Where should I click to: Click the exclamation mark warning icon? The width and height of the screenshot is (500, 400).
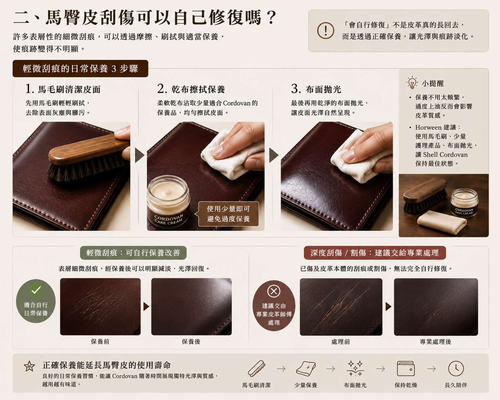pos(326,30)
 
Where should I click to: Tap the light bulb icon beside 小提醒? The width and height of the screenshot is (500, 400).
pos(412,83)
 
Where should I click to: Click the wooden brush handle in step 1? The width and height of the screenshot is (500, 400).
pos(88,148)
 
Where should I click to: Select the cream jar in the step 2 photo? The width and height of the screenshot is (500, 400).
pos(169,201)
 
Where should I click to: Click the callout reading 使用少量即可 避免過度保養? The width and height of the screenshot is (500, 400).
pos(228,214)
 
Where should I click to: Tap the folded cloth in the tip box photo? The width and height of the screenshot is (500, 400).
pos(442,222)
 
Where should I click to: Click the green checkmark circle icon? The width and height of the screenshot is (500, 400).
pos(36,290)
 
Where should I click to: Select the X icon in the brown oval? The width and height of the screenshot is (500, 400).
pos(274,291)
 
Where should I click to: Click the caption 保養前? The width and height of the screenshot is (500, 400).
pos(100,342)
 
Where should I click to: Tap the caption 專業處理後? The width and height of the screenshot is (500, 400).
pos(435,342)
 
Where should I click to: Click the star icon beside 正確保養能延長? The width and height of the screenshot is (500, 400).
pos(29,366)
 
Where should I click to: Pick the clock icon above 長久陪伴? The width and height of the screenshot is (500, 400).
pos(456,368)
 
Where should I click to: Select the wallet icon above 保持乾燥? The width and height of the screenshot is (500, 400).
pos(405,368)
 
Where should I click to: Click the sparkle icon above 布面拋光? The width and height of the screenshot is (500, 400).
pos(355,368)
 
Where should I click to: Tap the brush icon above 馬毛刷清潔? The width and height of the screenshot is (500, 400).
pos(256,368)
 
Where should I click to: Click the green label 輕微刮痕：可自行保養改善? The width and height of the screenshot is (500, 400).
pos(133,253)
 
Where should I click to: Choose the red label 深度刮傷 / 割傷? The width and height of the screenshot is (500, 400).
pos(375,253)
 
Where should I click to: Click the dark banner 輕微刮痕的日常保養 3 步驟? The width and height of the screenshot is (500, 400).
pos(80,68)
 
